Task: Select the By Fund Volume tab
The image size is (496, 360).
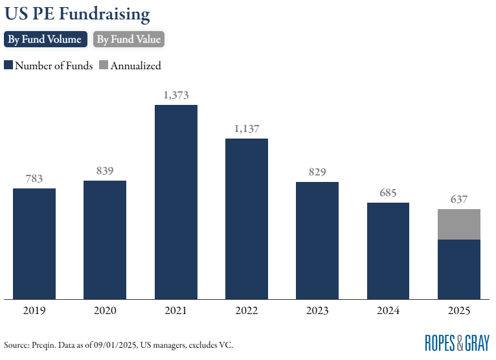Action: pos(45,39)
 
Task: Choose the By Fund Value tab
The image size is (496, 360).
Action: pos(128,39)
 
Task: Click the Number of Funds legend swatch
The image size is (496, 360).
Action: pos(8,65)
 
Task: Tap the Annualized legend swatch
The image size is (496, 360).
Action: pos(104,65)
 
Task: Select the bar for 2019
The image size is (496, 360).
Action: pos(34,243)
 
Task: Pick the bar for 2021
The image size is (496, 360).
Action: pos(176,202)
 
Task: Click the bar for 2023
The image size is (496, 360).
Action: pos(317,240)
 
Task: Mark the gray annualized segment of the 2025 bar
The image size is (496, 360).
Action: pos(459,224)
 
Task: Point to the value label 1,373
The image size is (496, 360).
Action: pos(176,95)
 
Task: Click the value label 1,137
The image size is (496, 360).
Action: pos(247,129)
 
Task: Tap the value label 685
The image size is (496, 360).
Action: pos(389,193)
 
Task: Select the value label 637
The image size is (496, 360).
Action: pos(459,199)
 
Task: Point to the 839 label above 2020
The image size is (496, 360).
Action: pos(105,171)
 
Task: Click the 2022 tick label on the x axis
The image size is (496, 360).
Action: pos(247,311)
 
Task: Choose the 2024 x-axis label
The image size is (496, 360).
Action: pos(389,311)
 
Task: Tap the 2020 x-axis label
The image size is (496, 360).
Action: pos(105,311)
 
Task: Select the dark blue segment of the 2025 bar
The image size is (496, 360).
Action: pos(459,269)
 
